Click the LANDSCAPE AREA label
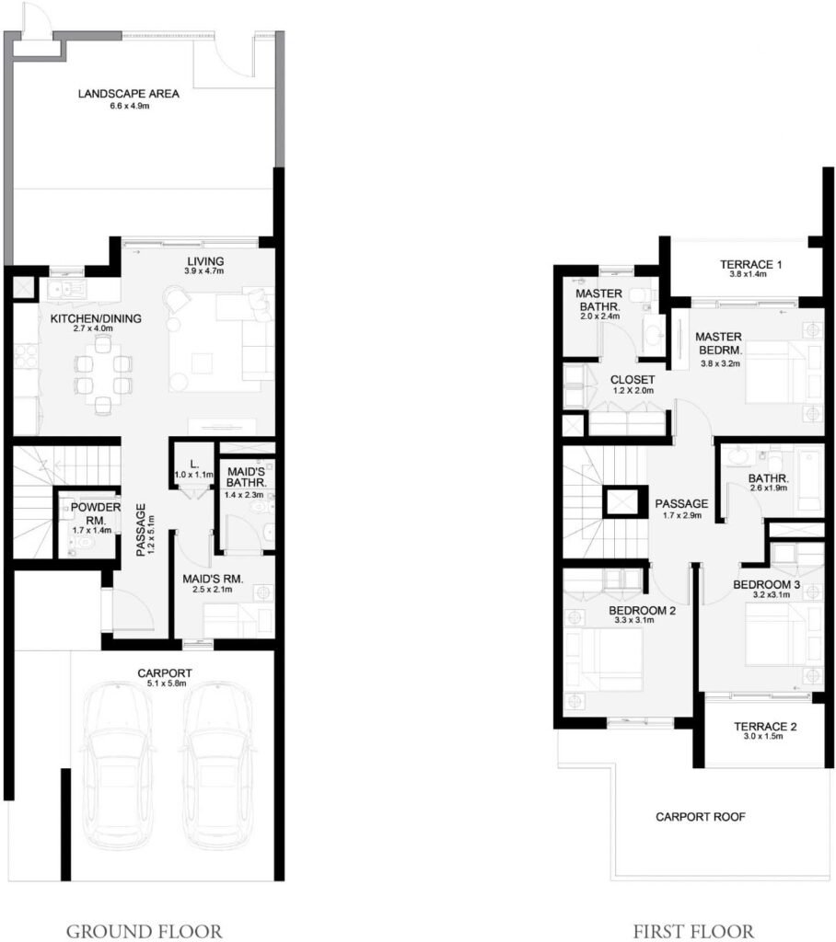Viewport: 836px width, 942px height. pyautogui.click(x=128, y=94)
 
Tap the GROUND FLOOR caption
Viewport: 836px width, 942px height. pyautogui.click(x=144, y=931)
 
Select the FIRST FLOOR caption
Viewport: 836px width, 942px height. pyautogui.click(x=693, y=931)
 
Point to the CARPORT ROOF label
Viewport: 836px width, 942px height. pyautogui.click(x=700, y=816)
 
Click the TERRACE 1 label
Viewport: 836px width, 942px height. pyautogui.click(x=750, y=265)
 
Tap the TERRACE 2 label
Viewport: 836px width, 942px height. pyautogui.click(x=765, y=726)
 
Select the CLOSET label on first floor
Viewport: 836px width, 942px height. pyautogui.click(x=633, y=379)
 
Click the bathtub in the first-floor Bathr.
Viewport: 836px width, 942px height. pyautogui.click(x=808, y=477)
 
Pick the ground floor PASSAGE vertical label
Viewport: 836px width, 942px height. pyautogui.click(x=142, y=530)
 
